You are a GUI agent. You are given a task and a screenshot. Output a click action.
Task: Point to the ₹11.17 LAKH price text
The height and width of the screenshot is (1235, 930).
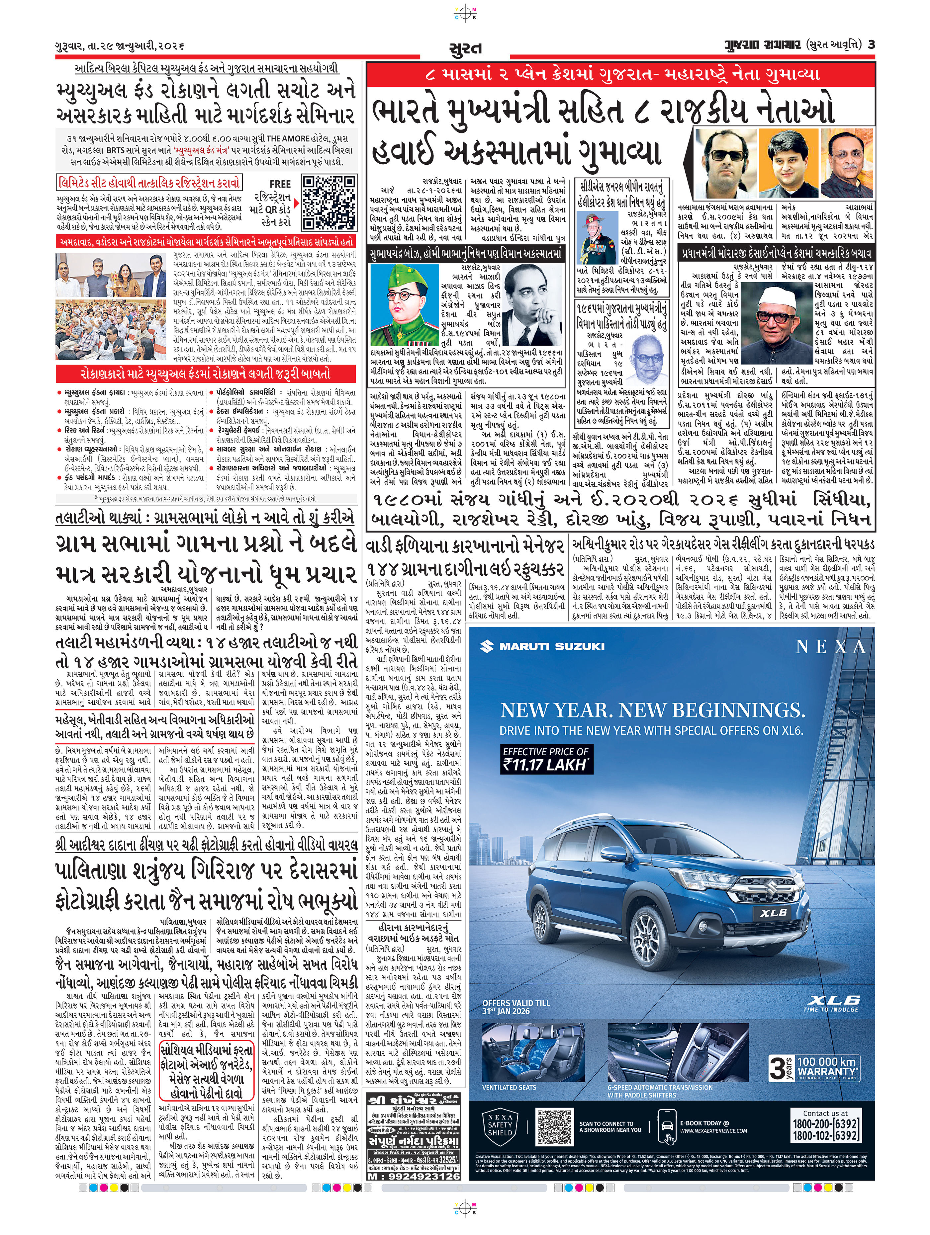pos(545,765)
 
